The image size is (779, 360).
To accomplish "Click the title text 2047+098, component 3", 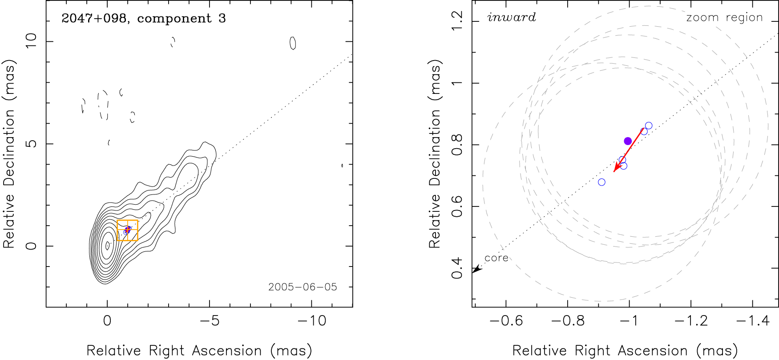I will pos(143,18).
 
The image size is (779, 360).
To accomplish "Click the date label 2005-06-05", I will pos(303,287).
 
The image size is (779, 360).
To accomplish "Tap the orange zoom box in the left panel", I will pos(127,231).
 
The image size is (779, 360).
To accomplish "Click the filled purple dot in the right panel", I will pos(628,141).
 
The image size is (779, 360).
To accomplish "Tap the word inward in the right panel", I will pos(512,17).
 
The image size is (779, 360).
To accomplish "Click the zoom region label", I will pos(724,17).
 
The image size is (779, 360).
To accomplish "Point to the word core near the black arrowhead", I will pos(496,258).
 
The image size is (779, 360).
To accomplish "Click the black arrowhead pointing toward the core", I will pos(476,268).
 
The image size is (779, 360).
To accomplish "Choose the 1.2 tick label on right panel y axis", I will pos(457,21).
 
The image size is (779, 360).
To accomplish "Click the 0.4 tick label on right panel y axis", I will pos(457,268).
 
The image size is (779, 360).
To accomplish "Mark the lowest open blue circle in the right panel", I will pos(601,182).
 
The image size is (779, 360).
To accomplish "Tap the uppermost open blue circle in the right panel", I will pos(649,125).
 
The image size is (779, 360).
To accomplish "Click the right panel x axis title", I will pos(625,351).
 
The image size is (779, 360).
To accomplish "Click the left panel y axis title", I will pos(9,154).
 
